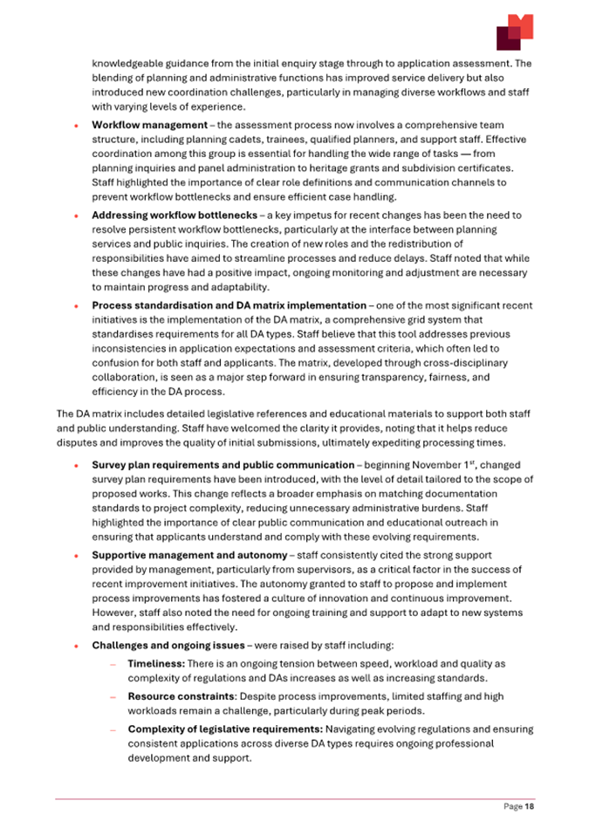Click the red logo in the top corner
pyautogui.click(x=514, y=32)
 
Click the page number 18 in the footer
pyautogui.click(x=530, y=807)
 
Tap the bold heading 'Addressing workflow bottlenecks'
pyautogui.click(x=174, y=215)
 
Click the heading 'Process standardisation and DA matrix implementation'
pyautogui.click(x=229, y=305)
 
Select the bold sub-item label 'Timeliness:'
pyautogui.click(x=156, y=663)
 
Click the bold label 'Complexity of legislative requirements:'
pyautogui.click(x=226, y=729)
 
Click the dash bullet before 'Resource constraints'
pyautogui.click(x=113, y=697)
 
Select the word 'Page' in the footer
pyautogui.click(x=512, y=807)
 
